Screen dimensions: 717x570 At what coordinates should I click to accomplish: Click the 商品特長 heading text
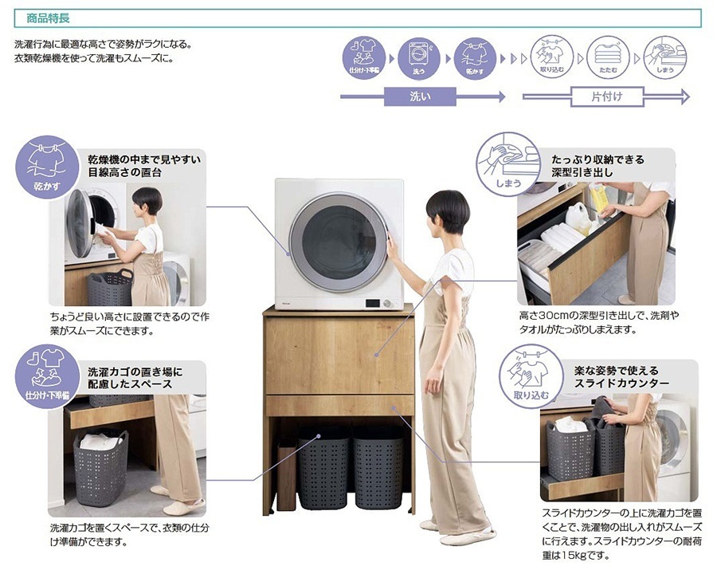(48, 18)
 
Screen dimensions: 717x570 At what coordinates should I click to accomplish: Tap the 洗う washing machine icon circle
(418, 58)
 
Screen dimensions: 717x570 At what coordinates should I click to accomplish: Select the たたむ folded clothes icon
(608, 57)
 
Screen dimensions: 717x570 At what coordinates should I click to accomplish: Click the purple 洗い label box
(420, 96)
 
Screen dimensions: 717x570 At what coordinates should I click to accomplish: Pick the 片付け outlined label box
(607, 96)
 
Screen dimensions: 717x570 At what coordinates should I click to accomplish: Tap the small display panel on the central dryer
(373, 303)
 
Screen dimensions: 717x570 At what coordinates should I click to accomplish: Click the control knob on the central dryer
(389, 303)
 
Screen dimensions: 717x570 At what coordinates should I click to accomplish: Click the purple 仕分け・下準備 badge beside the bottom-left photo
(47, 376)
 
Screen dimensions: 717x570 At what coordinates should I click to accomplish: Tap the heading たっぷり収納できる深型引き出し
(597, 166)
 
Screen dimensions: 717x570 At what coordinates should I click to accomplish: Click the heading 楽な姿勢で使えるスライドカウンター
(621, 376)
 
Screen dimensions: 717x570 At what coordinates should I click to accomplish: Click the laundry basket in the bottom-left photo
(100, 467)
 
